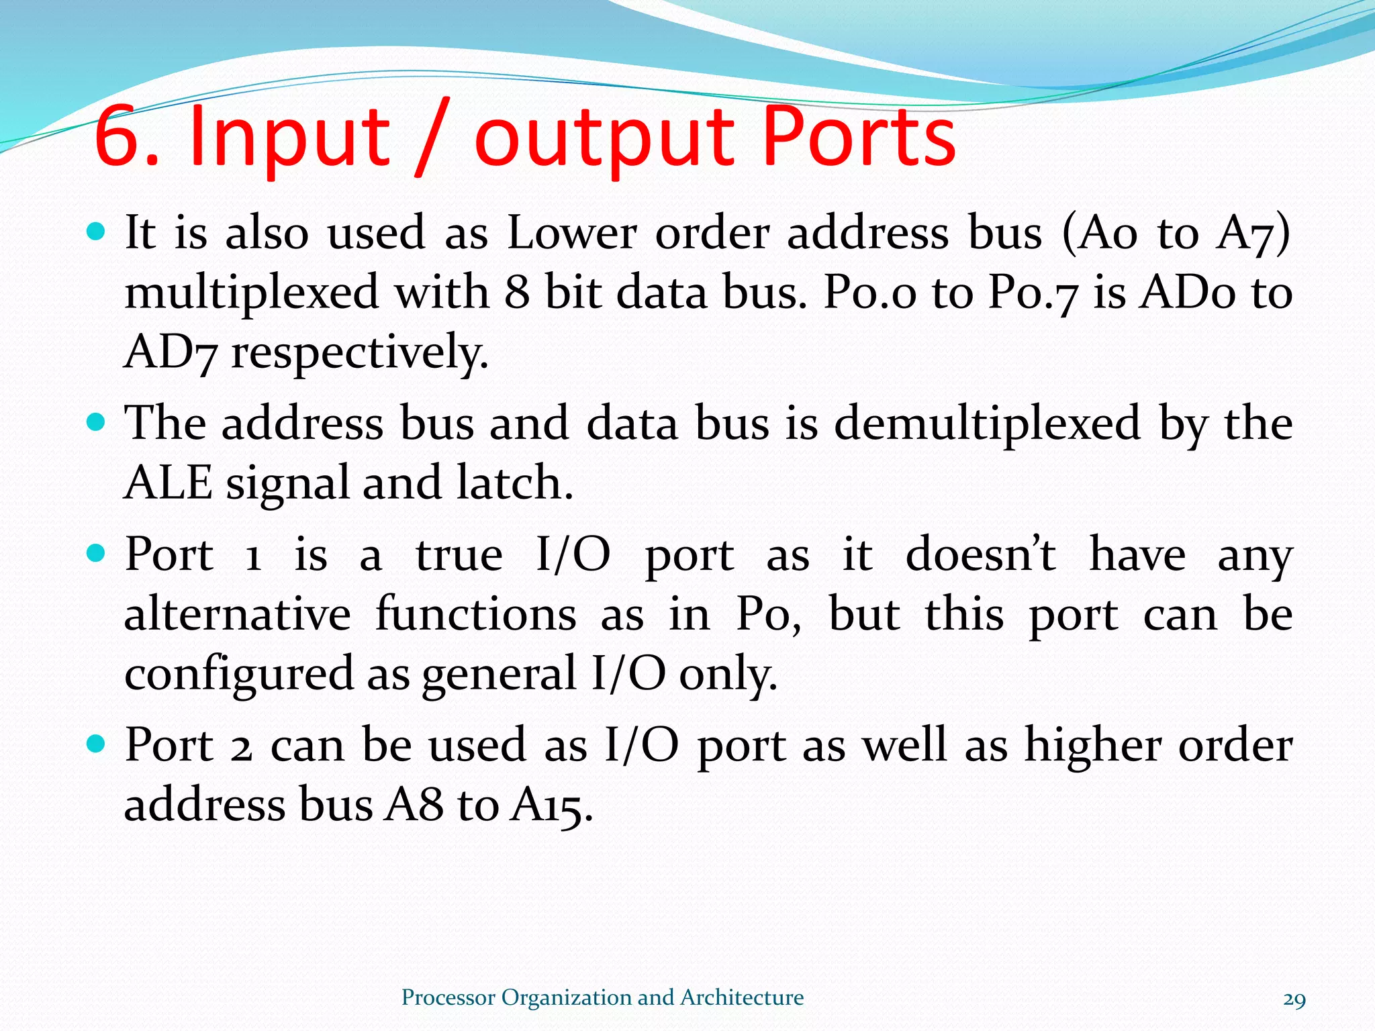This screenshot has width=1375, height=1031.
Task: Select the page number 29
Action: tap(1294, 999)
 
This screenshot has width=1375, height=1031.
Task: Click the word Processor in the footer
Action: tap(448, 997)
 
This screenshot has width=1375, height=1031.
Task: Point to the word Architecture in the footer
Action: tap(741, 997)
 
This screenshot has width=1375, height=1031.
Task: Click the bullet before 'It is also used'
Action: tap(97, 232)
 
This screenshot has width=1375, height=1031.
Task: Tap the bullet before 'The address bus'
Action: tap(97, 423)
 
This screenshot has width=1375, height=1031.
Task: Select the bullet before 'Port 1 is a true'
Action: tap(97, 554)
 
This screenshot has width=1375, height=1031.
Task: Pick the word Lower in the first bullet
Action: tap(571, 233)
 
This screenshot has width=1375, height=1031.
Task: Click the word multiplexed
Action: tap(252, 293)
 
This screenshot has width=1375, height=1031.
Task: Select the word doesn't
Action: tap(980, 555)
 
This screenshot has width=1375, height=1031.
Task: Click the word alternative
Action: tap(238, 614)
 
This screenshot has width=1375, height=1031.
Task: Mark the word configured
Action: tap(238, 674)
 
